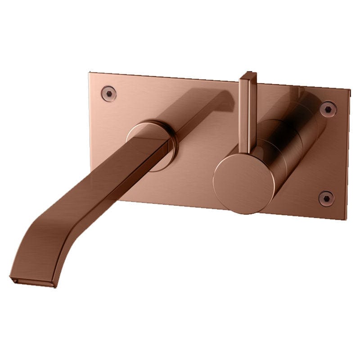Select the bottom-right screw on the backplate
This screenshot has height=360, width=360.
[x=326, y=198]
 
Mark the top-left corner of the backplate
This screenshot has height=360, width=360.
[x=90, y=71]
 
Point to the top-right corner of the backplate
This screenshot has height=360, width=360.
[x=349, y=90]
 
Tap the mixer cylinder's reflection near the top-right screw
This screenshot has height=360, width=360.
[x=310, y=101]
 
